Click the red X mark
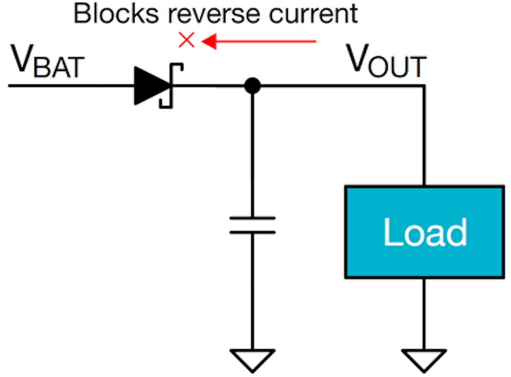pos(186,41)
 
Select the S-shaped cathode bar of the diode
pos(171,85)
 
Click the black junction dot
pos(253,85)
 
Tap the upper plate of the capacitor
pos(253,218)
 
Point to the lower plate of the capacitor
pos(253,232)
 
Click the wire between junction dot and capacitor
pos(253,152)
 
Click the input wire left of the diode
pos(67,85)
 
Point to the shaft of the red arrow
pos(268,42)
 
